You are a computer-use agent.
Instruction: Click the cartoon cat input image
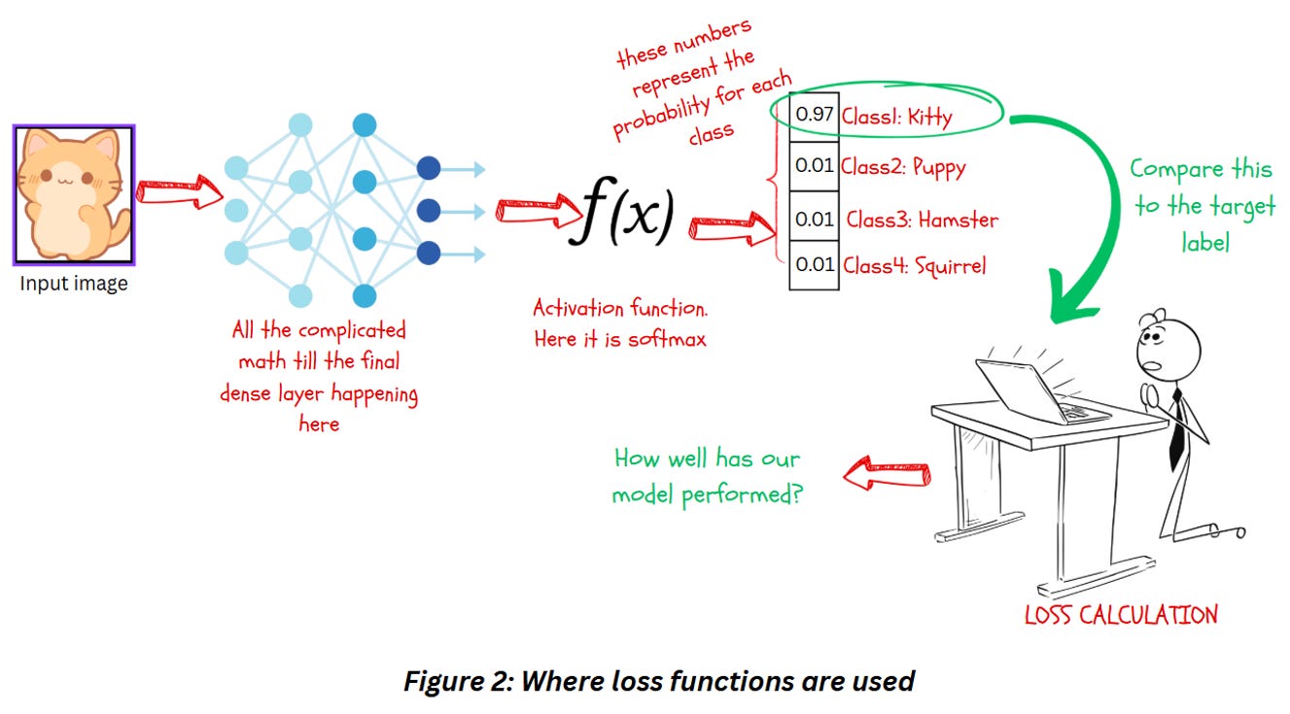coord(74,194)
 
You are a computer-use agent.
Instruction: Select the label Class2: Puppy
coord(904,167)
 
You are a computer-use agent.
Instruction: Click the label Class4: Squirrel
coord(915,264)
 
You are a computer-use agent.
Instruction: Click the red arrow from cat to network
coord(179,190)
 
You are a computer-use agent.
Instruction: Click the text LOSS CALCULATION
coord(1120,614)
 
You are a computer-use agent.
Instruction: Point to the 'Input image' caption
coord(74,284)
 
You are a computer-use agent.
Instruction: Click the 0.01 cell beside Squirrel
coord(814,264)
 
